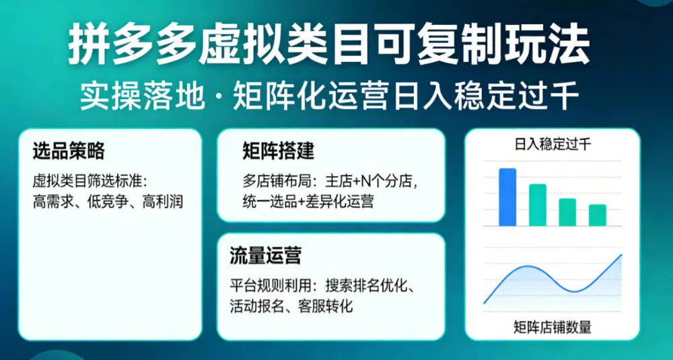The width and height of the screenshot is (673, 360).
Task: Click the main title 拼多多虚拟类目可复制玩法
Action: (x=329, y=46)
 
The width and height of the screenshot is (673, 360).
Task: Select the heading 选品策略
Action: (x=68, y=151)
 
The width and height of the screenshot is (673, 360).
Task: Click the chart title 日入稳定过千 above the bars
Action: (x=553, y=144)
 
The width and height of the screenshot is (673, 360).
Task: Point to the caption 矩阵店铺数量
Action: (x=552, y=328)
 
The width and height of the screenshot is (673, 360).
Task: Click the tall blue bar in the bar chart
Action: (x=507, y=197)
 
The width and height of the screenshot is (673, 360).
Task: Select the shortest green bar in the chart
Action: (x=597, y=215)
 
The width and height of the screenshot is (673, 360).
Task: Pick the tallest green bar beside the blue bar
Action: (x=537, y=205)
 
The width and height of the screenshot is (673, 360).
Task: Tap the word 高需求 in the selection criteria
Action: (x=50, y=201)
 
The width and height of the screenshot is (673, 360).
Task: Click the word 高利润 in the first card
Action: (x=162, y=201)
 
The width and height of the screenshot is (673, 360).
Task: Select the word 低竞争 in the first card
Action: (x=106, y=201)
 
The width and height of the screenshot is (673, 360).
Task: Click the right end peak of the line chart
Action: (x=621, y=255)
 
